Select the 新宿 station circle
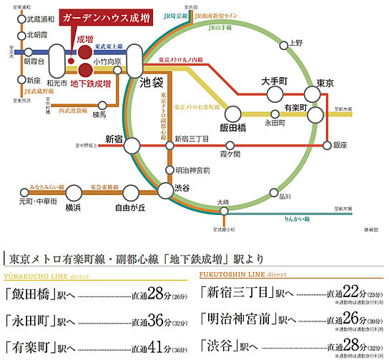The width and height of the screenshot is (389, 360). tap(134, 146)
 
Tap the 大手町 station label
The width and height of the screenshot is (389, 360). tap(275, 81)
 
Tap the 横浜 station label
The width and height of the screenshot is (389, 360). tap(73, 208)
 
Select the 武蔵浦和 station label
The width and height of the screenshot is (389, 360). tap(39, 19)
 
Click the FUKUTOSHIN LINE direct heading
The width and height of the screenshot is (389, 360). tap(243, 274)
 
